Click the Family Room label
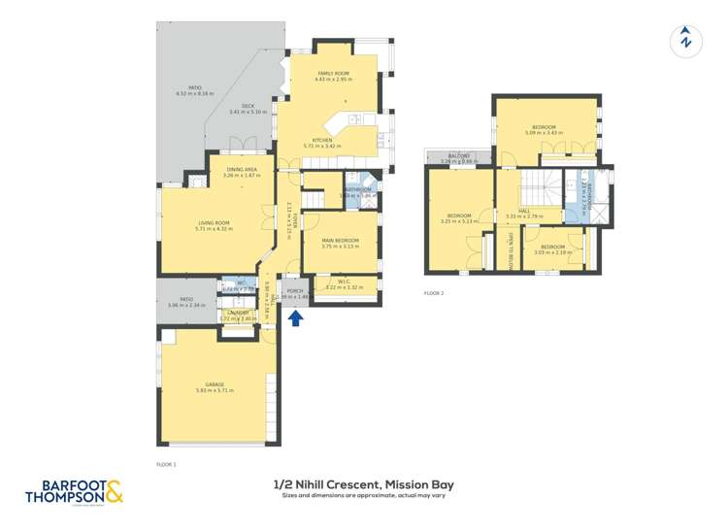(x=331, y=74)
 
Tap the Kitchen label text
(x=322, y=141)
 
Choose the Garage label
(x=215, y=386)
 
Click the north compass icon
(x=686, y=40)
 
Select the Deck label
(x=247, y=110)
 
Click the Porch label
(x=295, y=292)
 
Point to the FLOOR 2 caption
(x=433, y=292)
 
